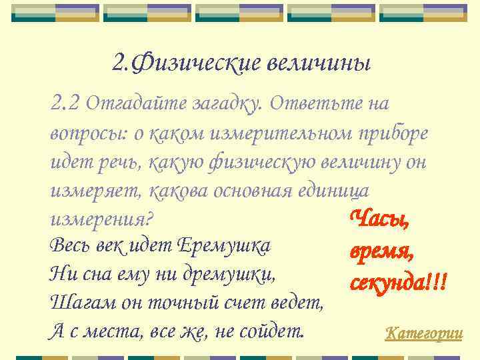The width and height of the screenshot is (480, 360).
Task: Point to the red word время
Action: (x=382, y=251)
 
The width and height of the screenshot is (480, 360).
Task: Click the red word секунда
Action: (x=387, y=283)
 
